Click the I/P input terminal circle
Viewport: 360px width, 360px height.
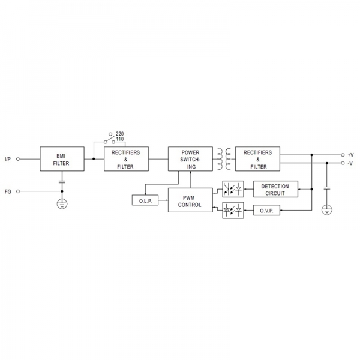pos(18,159)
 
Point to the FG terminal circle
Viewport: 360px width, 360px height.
pos(18,191)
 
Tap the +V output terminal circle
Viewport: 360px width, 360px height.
pos(343,155)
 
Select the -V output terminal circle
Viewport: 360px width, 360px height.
pos(343,163)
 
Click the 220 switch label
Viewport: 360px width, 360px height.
pos(119,134)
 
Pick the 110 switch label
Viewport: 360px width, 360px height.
pos(119,139)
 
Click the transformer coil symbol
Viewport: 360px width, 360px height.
pos(224,159)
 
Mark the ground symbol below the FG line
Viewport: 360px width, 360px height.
pos(62,203)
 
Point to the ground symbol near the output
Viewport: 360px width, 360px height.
pos(327,210)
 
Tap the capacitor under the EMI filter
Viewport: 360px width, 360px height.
pos(62,182)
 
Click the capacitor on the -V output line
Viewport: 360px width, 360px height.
pos(327,188)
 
